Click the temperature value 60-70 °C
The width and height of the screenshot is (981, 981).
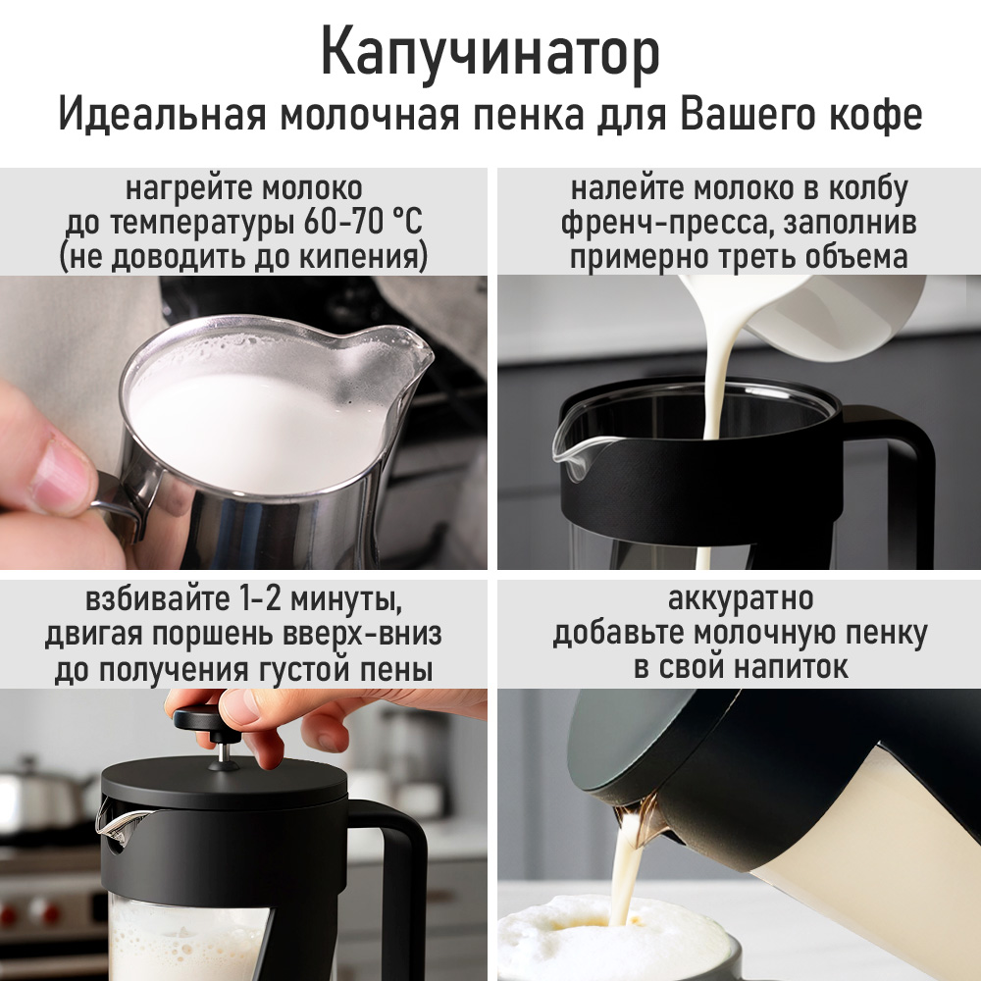coord(363,222)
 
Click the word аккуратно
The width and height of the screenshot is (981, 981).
coord(741,598)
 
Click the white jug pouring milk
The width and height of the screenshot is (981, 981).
coord(832,316)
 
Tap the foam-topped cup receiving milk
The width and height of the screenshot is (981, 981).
coord(616,939)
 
